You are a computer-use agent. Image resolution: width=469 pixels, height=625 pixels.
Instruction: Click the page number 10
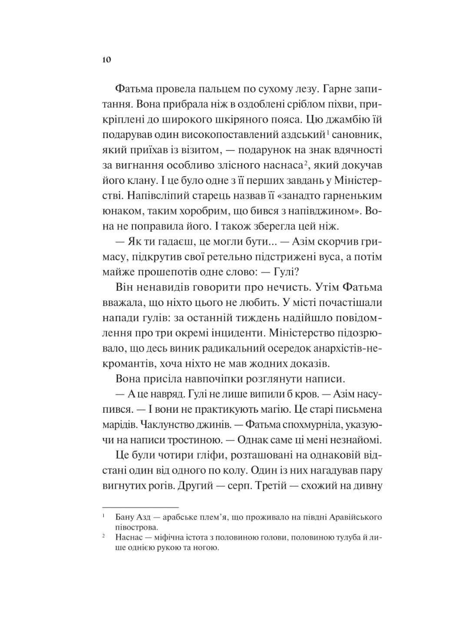pos(106,60)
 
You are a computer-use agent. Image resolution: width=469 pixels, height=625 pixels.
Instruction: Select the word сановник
pos(356,134)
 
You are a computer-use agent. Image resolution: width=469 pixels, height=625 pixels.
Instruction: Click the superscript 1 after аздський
pos(328,132)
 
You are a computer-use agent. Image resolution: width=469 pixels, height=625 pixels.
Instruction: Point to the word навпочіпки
pos(202,379)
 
